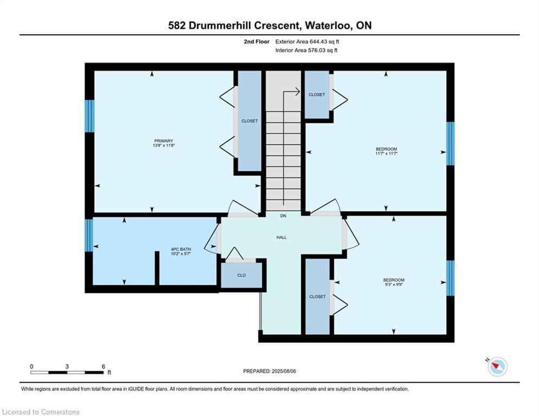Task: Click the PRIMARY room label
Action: tap(164, 141)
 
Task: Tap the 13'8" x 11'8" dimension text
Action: tap(164, 145)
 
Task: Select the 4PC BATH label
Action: tap(181, 249)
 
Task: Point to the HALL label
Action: tap(282, 237)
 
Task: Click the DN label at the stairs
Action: tap(283, 216)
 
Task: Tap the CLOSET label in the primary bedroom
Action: tap(250, 121)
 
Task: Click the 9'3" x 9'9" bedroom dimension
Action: tap(394, 285)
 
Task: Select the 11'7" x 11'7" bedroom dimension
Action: tap(386, 154)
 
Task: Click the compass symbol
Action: tap(497, 367)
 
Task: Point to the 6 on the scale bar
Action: tap(103, 367)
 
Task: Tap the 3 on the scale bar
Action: tap(67, 367)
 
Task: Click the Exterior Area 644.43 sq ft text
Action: tap(307, 42)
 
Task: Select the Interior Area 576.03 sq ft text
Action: tap(306, 50)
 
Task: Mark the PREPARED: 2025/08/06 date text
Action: tap(270, 371)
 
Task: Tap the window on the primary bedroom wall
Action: tap(89, 116)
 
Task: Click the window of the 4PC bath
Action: tap(89, 236)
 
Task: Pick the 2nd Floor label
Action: tap(257, 42)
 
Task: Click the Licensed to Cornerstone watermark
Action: tap(41, 412)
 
